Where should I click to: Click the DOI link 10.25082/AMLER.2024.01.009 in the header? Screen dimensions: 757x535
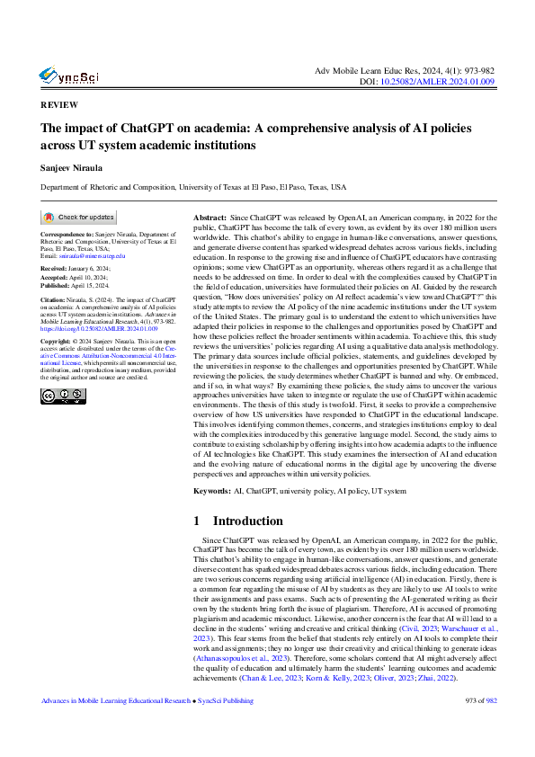coord(452,81)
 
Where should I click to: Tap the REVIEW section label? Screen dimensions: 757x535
coord(59,104)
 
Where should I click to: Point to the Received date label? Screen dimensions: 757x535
coord(58,268)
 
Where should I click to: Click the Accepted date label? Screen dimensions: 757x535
coord(58,276)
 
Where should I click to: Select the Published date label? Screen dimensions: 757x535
coord(60,284)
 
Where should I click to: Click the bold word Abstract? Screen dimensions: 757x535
coord(210,218)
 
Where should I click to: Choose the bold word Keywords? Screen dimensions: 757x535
coord(212,492)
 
